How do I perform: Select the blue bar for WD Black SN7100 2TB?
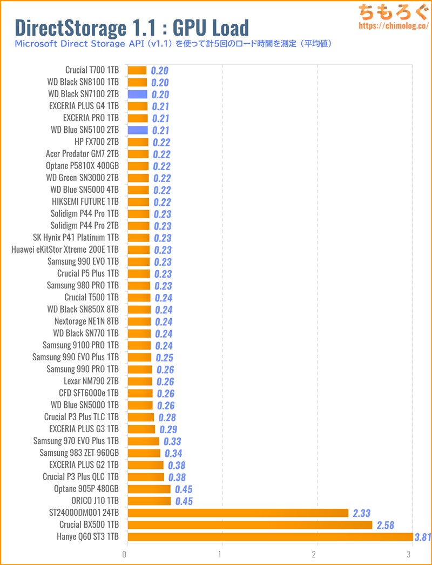pyautogui.click(x=137, y=94)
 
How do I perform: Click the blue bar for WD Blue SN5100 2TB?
pyautogui.click(x=137, y=130)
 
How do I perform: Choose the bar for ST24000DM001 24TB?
pyautogui.click(x=238, y=513)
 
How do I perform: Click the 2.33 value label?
pyautogui.click(x=361, y=513)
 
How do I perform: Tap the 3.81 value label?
pyautogui.click(x=422, y=537)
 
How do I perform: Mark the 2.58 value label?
pyautogui.click(x=385, y=525)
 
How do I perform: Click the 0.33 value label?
pyautogui.click(x=172, y=441)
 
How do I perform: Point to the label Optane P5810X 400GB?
pyautogui.click(x=83, y=166)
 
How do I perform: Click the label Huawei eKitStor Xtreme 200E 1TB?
pyautogui.click(x=65, y=250)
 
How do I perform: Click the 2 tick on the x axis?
pyautogui.click(x=317, y=555)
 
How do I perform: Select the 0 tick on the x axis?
pyautogui.click(x=125, y=555)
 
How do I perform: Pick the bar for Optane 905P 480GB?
pyautogui.click(x=149, y=489)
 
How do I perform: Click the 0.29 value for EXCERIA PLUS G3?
pyautogui.click(x=167, y=429)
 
